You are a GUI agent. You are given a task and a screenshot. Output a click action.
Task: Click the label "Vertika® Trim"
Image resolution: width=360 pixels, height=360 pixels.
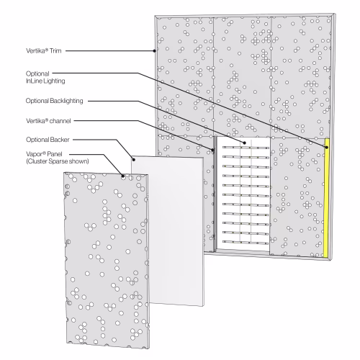tap(44, 50)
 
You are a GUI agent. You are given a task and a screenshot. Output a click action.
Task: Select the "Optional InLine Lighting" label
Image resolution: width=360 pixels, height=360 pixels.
tap(45, 77)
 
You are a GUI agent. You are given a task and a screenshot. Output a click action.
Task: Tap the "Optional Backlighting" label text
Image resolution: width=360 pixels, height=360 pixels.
tap(55, 101)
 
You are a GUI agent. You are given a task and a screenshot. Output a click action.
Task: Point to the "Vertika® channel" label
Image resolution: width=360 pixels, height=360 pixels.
tap(48, 121)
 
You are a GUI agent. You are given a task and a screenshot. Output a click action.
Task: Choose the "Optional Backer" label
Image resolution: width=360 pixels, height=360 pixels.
tap(48, 140)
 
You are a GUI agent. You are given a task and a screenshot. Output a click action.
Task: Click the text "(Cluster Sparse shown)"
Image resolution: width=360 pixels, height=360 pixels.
tap(58, 161)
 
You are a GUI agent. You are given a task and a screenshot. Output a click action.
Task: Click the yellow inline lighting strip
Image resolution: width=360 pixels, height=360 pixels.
tap(326, 198)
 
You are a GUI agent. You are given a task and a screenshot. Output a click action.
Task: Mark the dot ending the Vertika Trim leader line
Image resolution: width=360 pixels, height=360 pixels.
tap(155, 50)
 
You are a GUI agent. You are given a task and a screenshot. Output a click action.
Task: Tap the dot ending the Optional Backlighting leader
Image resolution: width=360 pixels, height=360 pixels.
tap(245, 143)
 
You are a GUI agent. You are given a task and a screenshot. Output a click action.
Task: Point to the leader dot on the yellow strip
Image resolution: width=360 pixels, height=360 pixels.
tap(327, 147)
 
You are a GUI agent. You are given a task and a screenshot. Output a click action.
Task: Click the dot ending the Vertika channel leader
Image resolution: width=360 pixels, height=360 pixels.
tap(212, 150)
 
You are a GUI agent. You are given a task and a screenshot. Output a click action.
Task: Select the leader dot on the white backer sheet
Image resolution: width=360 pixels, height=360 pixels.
tap(134, 159)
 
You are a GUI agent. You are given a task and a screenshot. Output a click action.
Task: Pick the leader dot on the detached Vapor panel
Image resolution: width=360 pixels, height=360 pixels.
tap(123, 176)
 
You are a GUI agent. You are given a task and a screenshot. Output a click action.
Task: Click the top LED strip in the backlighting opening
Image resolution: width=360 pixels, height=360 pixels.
tap(246, 148)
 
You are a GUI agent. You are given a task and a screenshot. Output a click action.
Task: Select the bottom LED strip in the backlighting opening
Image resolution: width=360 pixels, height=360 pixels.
tap(246, 243)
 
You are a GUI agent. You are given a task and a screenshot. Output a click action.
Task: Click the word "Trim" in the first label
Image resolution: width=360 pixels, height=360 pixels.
tap(55, 50)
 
